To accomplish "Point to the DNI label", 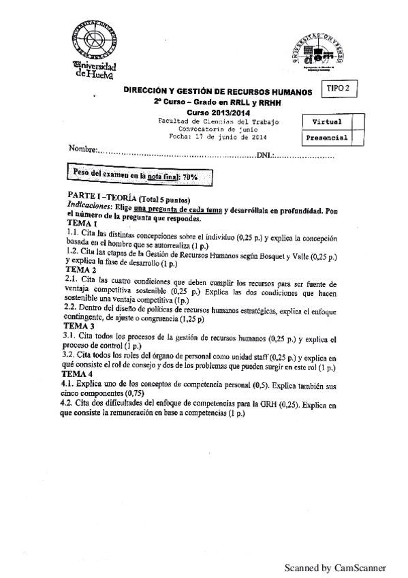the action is pyautogui.click(x=265, y=155).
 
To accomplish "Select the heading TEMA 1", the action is pyautogui.click(x=82, y=224).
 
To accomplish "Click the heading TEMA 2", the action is pyautogui.click(x=82, y=271).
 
